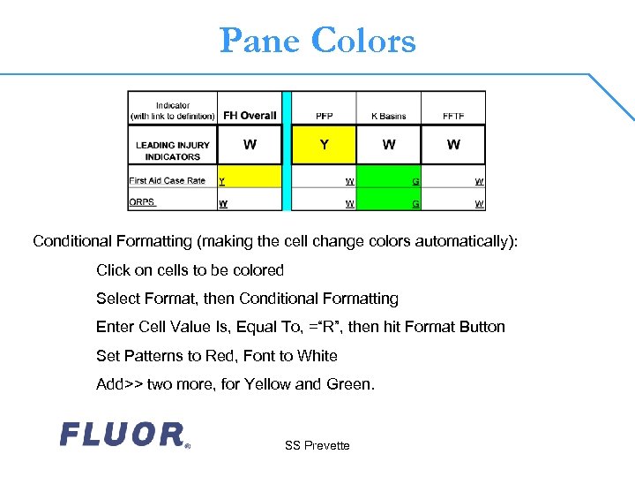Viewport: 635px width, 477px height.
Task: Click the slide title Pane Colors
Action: coord(317,41)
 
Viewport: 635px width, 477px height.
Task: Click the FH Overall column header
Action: coord(250,116)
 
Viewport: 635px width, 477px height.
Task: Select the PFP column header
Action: coord(324,116)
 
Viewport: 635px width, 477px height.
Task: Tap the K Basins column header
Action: coord(388,116)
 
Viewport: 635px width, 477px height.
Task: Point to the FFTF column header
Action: coord(453,116)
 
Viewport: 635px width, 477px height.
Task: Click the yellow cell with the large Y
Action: coord(324,145)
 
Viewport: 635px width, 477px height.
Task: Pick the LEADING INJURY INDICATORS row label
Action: coord(173,151)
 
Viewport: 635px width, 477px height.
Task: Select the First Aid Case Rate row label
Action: coord(168,180)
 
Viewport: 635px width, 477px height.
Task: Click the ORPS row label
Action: coord(142,202)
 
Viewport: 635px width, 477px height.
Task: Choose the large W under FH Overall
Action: coord(250,145)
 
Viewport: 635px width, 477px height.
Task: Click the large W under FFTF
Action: coord(453,145)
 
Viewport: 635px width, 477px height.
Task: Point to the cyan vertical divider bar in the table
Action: coord(286,151)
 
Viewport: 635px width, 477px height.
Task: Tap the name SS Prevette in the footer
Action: coord(317,445)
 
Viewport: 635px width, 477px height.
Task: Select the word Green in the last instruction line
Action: coord(351,384)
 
